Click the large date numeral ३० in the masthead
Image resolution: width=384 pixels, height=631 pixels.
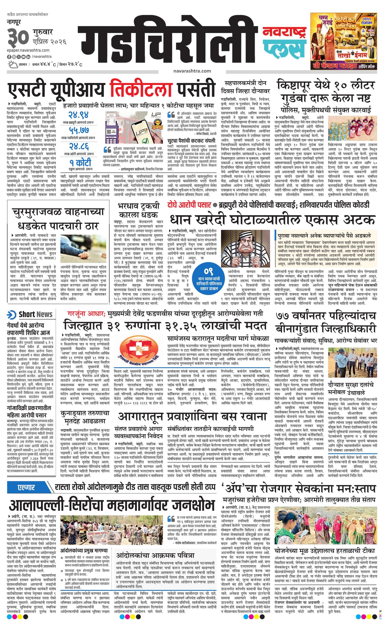18,37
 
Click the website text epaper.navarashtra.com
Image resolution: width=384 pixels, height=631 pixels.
28,50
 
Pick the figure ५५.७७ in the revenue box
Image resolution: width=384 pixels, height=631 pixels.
78,131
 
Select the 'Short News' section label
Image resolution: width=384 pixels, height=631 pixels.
31,314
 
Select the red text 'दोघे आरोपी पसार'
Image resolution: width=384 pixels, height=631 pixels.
189,205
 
